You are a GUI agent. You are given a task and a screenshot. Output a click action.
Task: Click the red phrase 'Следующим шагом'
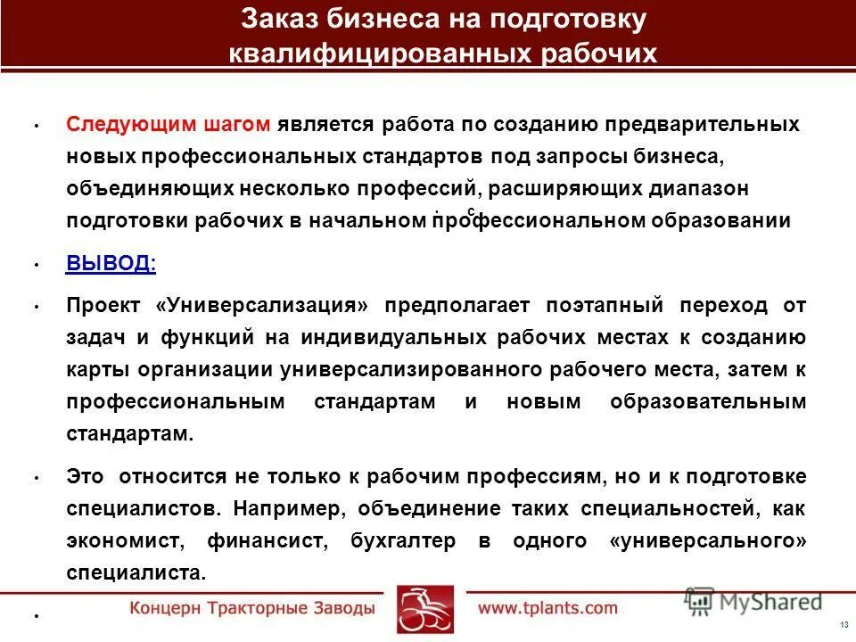[x=168, y=124]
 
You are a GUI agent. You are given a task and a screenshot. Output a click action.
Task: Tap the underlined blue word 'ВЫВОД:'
[x=111, y=263]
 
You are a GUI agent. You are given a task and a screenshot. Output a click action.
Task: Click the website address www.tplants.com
[x=547, y=608]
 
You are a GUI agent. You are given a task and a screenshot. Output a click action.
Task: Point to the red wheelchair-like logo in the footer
[x=425, y=609]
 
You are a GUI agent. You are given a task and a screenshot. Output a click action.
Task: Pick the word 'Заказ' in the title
[x=283, y=19]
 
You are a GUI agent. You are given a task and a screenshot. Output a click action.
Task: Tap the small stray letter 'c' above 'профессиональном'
[x=470, y=210]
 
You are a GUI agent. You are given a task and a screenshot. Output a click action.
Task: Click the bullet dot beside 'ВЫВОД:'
[x=36, y=265]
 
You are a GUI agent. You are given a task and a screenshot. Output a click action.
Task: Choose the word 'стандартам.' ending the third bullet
[x=128, y=434]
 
